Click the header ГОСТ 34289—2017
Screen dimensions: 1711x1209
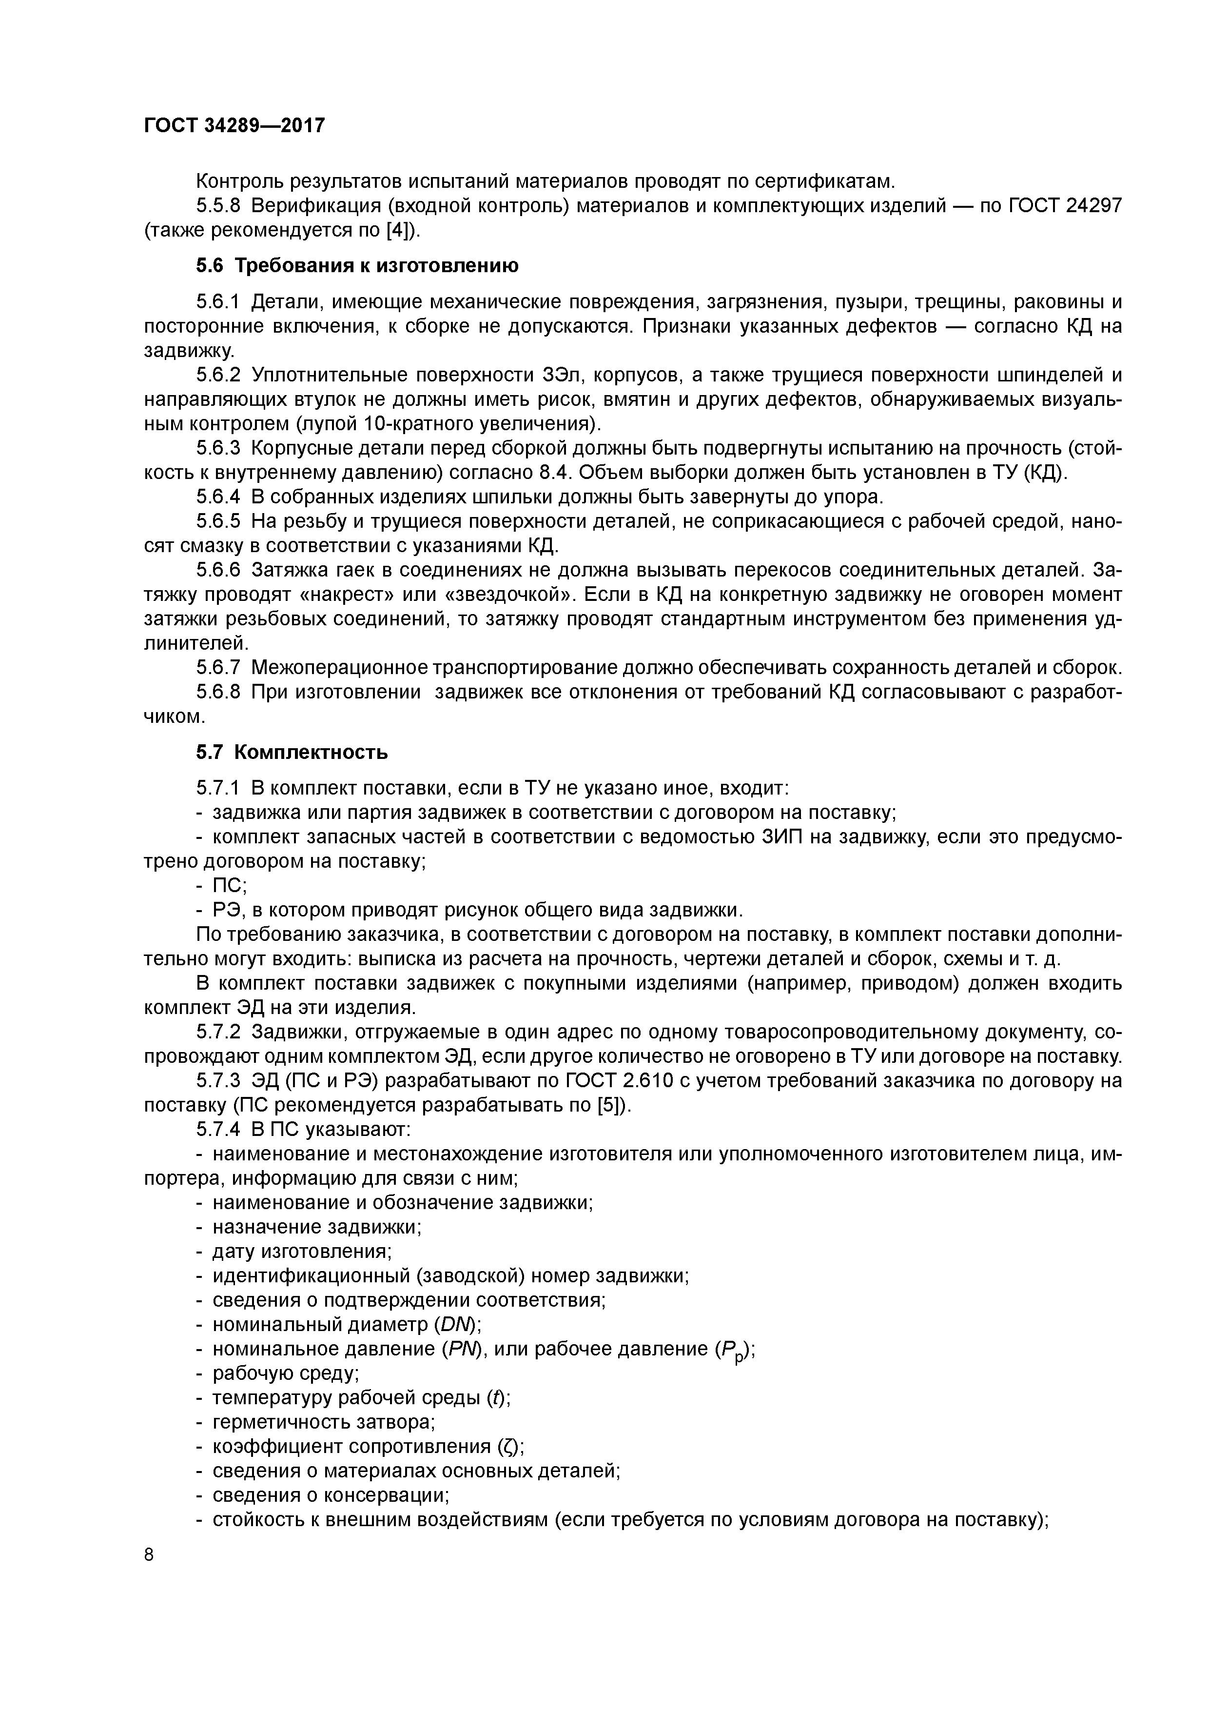point(234,125)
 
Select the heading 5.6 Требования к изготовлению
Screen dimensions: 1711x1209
point(357,266)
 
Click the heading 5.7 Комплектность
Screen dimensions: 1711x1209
point(292,752)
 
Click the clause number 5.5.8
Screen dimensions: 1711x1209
point(218,206)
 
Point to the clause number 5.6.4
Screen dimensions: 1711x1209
point(218,497)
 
